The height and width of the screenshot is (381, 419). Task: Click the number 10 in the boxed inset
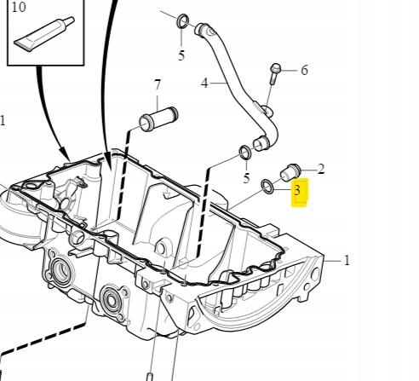point(19,8)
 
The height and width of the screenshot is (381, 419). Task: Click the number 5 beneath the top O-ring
point(181,56)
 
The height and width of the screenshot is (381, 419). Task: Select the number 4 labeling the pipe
point(204,84)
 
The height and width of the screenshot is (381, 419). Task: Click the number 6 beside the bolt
point(304,70)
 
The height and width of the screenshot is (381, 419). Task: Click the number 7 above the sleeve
point(157,85)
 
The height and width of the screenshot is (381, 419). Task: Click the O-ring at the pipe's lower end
point(244,153)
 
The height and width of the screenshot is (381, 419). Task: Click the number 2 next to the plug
point(320,170)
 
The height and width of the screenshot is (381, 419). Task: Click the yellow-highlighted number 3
point(297,191)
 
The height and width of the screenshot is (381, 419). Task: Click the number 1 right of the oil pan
point(347,261)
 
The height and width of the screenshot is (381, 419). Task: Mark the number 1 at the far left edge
point(3,121)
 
